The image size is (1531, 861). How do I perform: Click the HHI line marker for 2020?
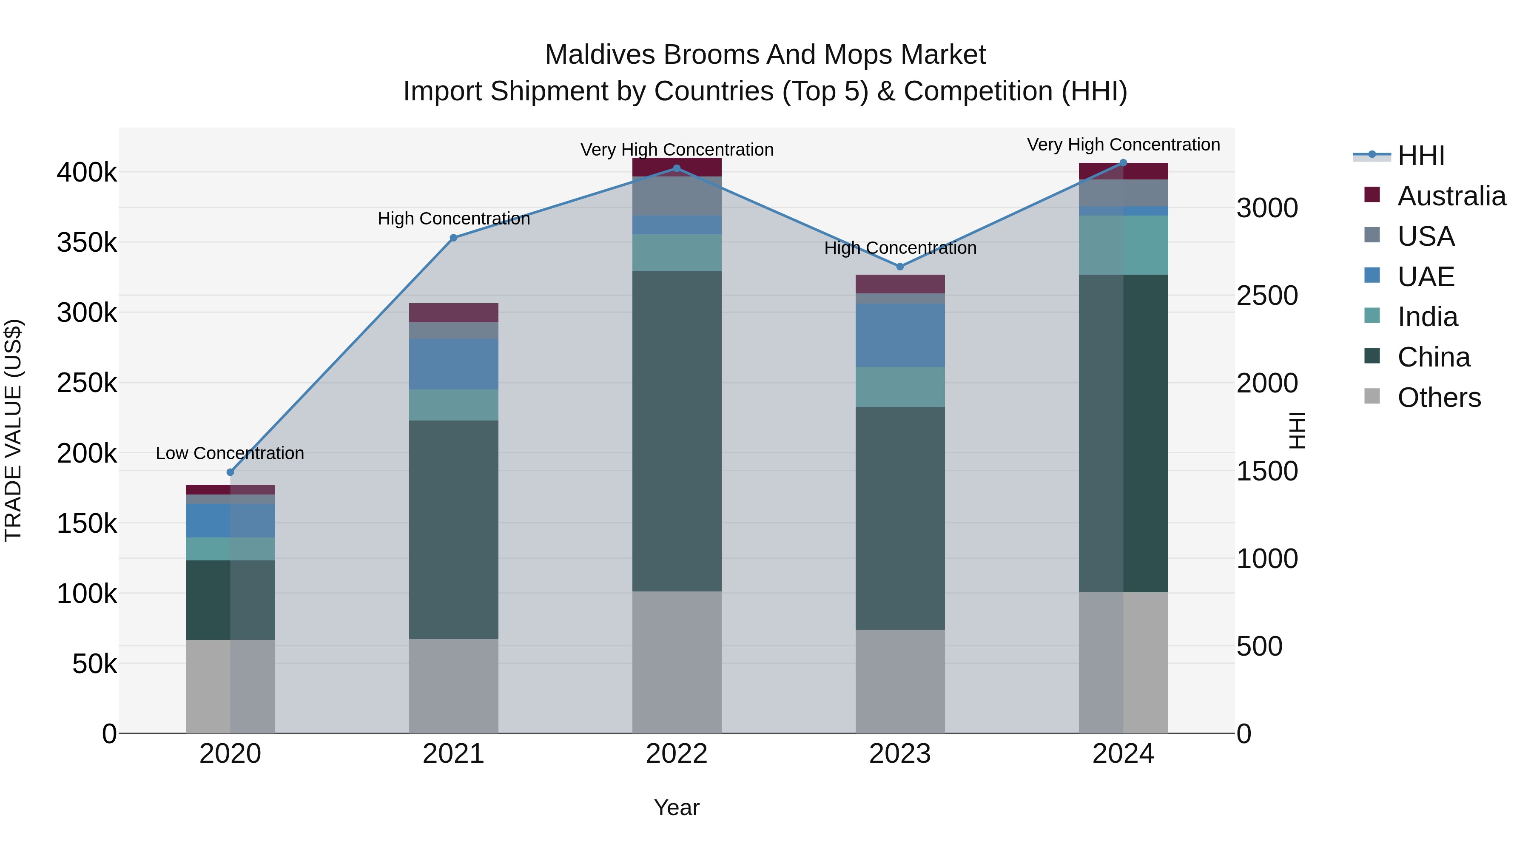click(x=231, y=472)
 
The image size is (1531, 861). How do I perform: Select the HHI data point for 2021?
click(x=453, y=238)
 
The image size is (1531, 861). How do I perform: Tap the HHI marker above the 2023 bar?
click(x=900, y=267)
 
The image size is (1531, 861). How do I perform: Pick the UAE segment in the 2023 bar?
click(x=900, y=335)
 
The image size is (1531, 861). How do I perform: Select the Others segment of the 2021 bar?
click(x=453, y=686)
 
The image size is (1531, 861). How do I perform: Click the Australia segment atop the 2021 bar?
click(x=453, y=313)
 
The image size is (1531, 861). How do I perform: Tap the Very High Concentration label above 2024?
click(x=1123, y=145)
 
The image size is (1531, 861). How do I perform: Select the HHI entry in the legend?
click(x=1420, y=156)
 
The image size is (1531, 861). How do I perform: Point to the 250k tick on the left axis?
click(x=87, y=383)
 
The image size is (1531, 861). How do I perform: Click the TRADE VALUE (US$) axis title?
click(x=13, y=430)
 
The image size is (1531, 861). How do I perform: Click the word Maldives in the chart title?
click(x=600, y=55)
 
